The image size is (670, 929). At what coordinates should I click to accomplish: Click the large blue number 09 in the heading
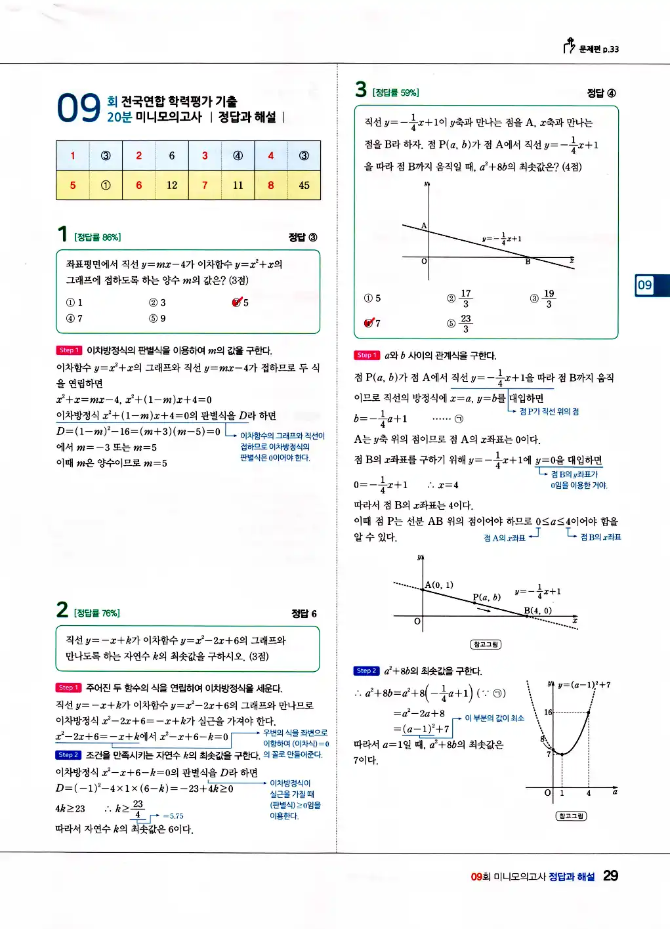[79, 109]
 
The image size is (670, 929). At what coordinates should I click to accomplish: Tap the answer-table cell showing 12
[172, 186]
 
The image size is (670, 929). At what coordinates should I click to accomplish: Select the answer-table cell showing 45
[304, 186]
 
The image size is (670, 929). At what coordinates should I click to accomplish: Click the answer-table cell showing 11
[238, 186]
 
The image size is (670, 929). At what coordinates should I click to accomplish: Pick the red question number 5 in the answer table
[73, 186]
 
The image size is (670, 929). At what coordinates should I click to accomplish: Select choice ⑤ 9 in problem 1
[157, 319]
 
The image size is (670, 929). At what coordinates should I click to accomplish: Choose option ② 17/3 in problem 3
[459, 299]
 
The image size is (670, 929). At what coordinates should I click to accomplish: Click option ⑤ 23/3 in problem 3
[459, 323]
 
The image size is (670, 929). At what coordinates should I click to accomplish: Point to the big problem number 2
[62, 610]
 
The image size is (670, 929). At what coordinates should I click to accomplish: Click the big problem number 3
[361, 89]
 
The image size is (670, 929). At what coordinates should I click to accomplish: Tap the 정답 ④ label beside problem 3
[601, 93]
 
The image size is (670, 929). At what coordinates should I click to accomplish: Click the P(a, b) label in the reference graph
[486, 597]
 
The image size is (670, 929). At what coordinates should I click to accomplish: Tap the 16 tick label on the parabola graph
[548, 712]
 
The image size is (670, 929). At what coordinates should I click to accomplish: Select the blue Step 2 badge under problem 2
[68, 755]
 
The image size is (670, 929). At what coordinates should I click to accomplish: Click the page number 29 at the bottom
[610, 876]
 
